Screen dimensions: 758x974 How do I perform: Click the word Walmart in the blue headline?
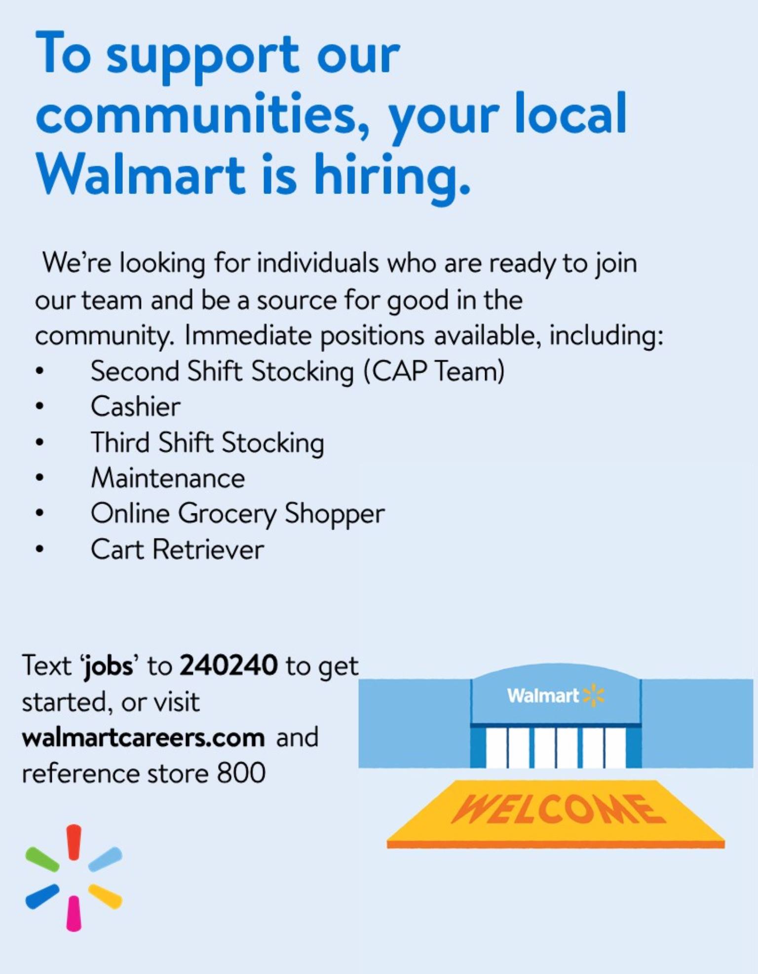pyautogui.click(x=141, y=174)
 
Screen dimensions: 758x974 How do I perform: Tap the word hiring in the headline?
pyautogui.click(x=392, y=179)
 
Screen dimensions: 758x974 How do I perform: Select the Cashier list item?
pyautogui.click(x=136, y=407)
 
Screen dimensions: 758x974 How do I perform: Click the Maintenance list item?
pyautogui.click(x=168, y=478)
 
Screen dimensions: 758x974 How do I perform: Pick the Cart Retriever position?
pyautogui.click(x=178, y=549)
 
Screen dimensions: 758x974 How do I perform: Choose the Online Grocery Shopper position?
pyautogui.click(x=237, y=514)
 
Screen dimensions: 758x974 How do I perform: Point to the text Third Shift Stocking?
pyautogui.click(x=207, y=443)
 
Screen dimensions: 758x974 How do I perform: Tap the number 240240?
pyautogui.click(x=228, y=665)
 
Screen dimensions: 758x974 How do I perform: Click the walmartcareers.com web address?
pyautogui.click(x=143, y=738)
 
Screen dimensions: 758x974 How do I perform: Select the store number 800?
pyautogui.click(x=241, y=773)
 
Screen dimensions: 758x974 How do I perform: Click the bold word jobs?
pyautogui.click(x=108, y=666)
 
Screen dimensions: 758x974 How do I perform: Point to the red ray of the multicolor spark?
pyautogui.click(x=74, y=842)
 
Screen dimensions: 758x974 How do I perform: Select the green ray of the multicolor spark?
pyautogui.click(x=42, y=859)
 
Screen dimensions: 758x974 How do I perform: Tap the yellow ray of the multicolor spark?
pyautogui.click(x=105, y=896)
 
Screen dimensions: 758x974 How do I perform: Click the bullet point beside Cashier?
pyautogui.click(x=40, y=406)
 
